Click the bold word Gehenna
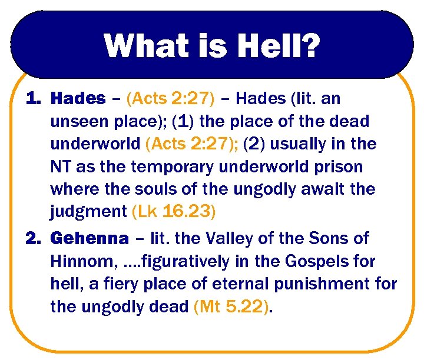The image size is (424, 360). coord(90,239)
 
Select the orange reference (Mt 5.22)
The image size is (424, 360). coord(233,306)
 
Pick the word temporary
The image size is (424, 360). coord(176,167)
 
